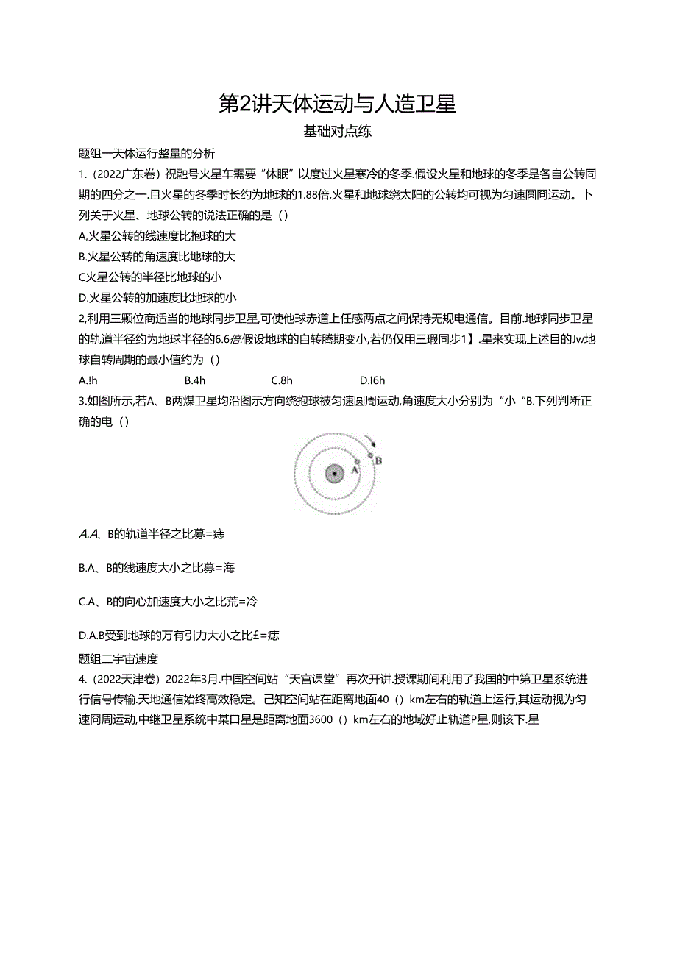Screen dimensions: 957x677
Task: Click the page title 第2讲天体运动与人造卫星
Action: [x=338, y=104]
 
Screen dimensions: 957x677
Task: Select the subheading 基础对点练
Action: [x=338, y=132]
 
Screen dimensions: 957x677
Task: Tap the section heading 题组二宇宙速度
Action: [x=118, y=658]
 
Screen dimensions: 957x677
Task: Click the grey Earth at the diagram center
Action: [x=335, y=474]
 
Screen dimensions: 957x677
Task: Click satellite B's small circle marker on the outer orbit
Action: [x=370, y=455]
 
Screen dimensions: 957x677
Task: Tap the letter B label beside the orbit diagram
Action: [x=379, y=460]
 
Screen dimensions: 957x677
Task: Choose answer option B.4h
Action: [x=194, y=380]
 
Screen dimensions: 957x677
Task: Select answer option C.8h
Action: [x=282, y=380]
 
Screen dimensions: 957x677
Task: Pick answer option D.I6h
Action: [x=372, y=380]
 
